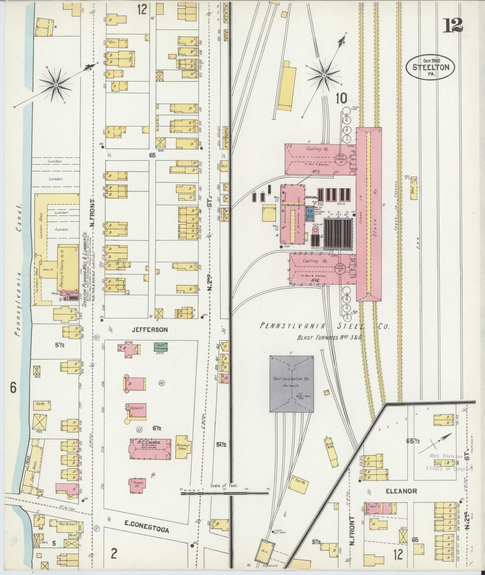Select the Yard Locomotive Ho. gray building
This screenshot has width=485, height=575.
pos(291,384)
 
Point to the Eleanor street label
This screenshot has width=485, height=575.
pos(401,491)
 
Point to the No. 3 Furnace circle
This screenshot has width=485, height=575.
pos(341,158)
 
